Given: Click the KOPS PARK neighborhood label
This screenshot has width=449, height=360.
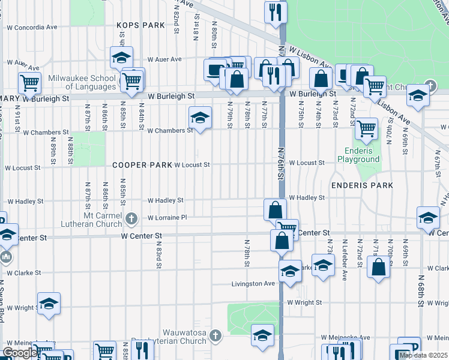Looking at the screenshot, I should coord(141,25).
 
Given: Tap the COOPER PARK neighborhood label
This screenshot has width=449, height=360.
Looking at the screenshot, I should coord(141,164).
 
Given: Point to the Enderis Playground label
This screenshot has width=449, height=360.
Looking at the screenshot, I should coord(362,155).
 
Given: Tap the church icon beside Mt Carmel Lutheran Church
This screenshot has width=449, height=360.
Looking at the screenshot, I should coord(130,218).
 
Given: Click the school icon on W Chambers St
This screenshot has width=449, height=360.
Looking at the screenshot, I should coord(200,116).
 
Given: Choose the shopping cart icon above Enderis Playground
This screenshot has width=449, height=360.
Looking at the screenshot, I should coord(366,128).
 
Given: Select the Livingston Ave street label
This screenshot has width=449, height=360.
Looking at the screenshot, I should coord(254,283).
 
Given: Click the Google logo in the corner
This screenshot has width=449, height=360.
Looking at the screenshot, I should coord(19,353).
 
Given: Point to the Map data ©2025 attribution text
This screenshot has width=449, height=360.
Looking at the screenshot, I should coord(423,355).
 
